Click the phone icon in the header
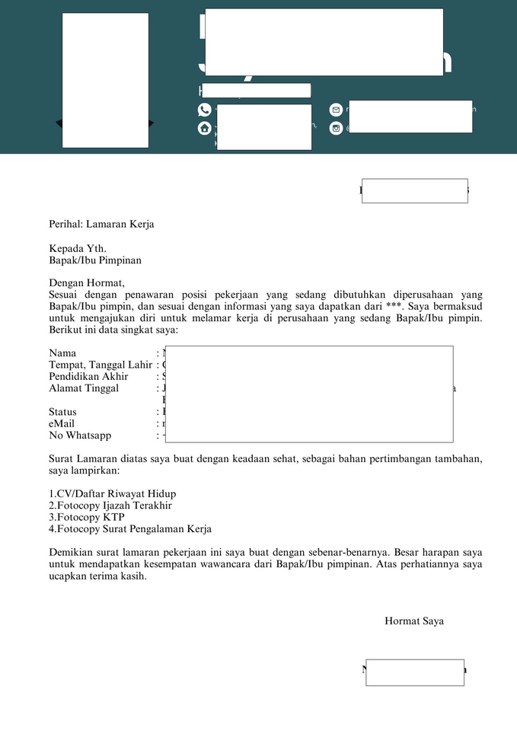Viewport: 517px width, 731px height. (204, 110)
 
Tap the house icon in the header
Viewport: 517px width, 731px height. (204, 129)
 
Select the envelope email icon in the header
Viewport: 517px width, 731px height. (336, 110)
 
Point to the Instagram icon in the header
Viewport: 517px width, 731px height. (336, 129)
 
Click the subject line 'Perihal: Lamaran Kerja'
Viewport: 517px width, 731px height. (101, 225)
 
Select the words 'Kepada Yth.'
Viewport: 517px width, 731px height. (78, 248)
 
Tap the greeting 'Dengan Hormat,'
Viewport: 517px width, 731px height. (86, 283)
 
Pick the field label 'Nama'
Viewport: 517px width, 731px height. (62, 353)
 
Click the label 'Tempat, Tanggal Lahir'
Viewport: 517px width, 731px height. (101, 365)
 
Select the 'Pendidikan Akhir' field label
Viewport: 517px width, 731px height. (88, 376)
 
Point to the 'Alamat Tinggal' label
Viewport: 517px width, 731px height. (84, 388)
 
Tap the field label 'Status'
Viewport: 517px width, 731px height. (62, 412)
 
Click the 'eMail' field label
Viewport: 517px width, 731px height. (62, 423)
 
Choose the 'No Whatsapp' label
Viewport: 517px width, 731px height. (80, 436)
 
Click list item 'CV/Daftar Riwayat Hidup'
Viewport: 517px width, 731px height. (112, 494)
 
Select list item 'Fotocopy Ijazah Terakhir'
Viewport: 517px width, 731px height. (110, 506)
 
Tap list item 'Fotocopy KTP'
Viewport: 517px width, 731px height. (87, 517)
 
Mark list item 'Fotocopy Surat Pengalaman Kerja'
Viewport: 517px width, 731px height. (130, 528)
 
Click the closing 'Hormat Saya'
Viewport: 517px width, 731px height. (413, 621)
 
